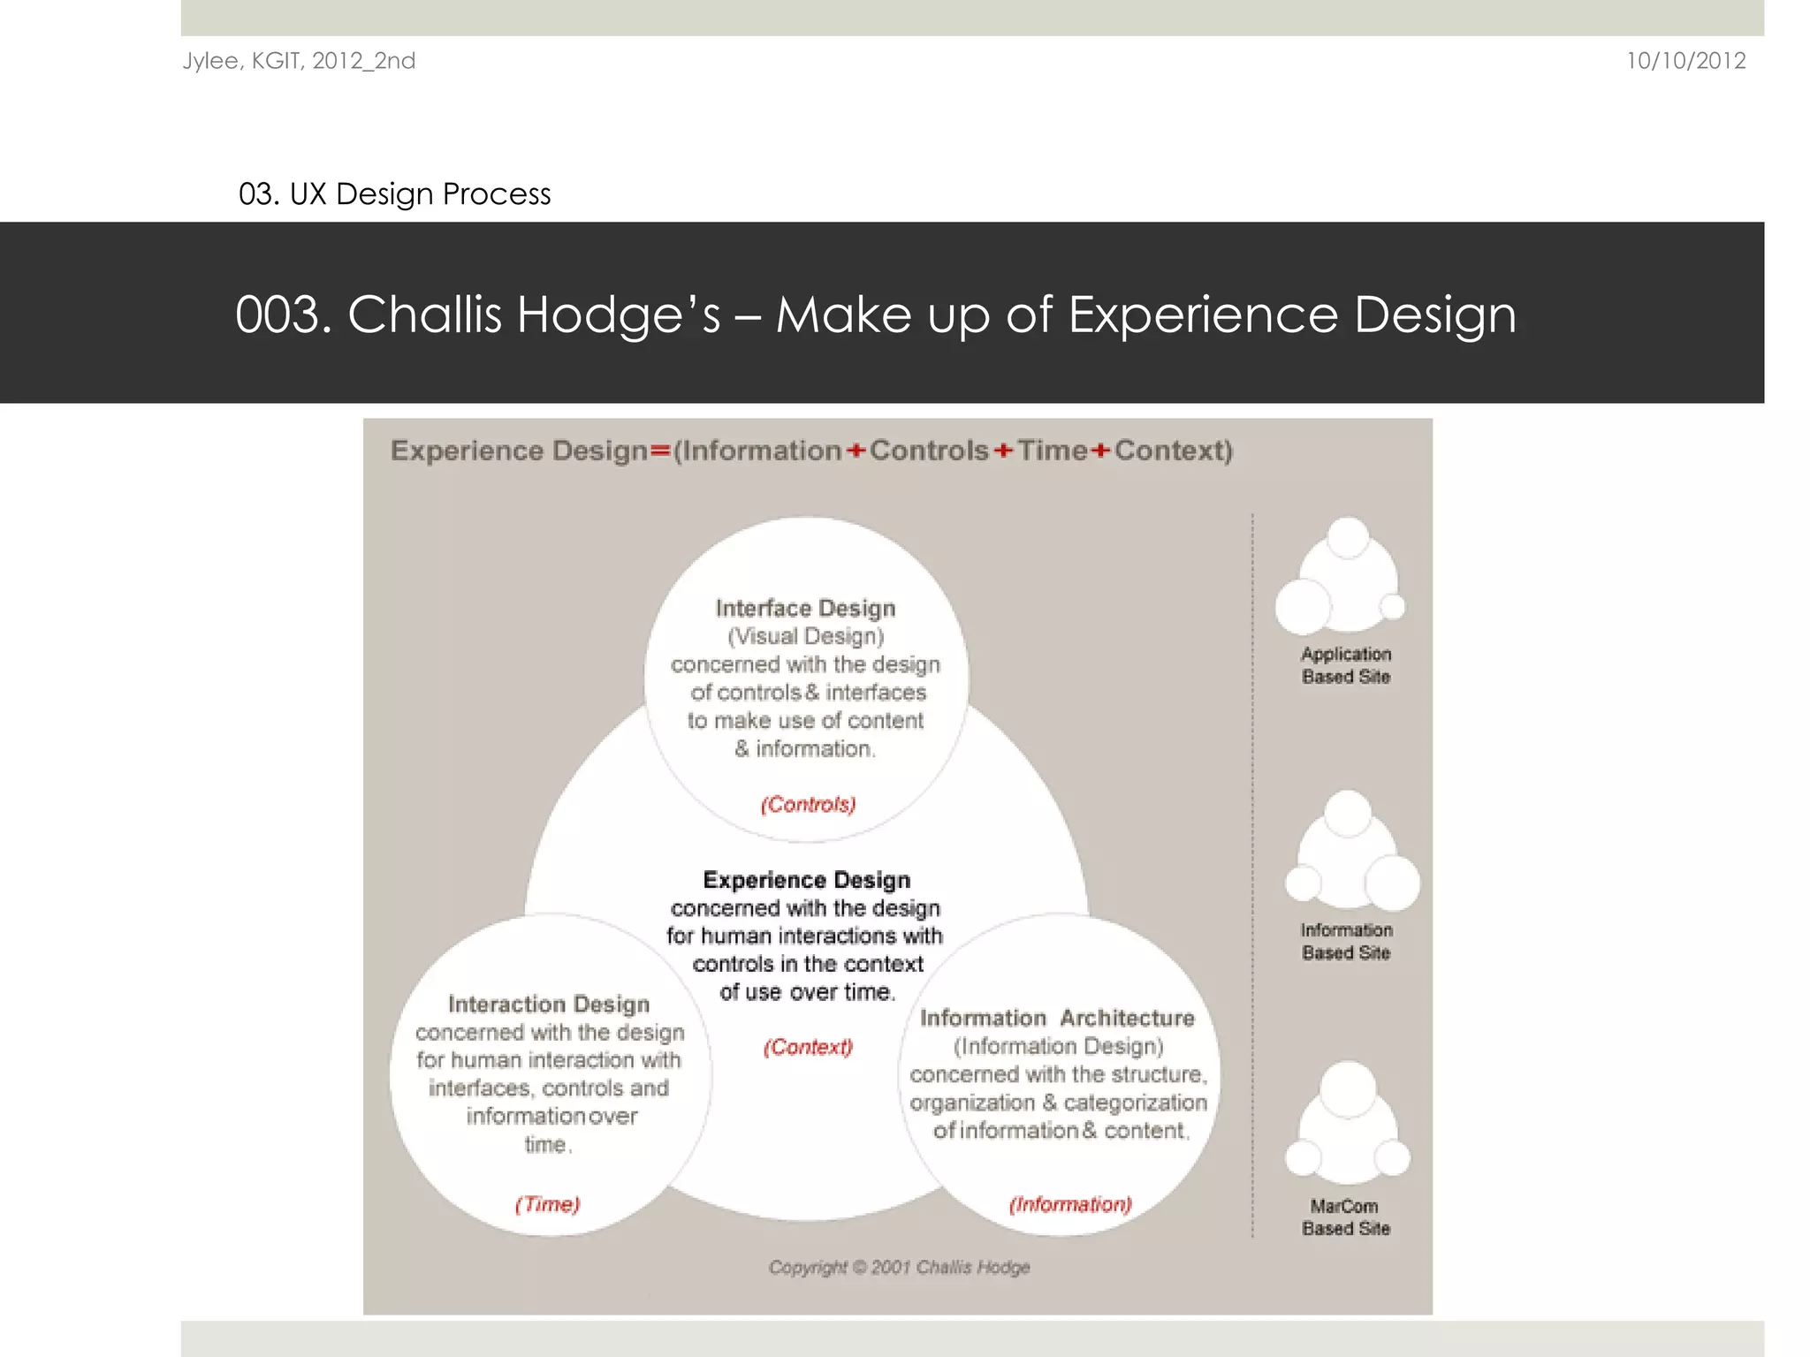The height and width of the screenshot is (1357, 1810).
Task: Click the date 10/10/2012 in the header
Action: (1685, 61)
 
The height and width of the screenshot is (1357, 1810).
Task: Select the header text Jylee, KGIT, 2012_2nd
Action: (299, 61)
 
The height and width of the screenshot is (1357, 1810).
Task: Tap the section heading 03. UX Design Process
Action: (394, 193)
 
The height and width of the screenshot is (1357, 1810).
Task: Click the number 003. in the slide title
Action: (283, 315)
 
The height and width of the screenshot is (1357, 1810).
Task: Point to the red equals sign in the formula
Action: (660, 451)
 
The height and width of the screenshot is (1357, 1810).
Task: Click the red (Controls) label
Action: (808, 805)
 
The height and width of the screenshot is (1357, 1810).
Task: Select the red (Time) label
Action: (547, 1204)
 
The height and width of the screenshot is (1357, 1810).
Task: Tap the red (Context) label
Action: (808, 1047)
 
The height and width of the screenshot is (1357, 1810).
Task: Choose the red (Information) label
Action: (1070, 1204)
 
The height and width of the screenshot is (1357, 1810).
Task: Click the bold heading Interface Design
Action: (805, 608)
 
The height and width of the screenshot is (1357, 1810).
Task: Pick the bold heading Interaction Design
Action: (549, 1004)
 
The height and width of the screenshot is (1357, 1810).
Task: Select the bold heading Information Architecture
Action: (1057, 1018)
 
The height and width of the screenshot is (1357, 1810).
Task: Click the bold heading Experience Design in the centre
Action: (806, 880)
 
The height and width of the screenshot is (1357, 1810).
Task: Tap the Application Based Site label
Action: (1346, 665)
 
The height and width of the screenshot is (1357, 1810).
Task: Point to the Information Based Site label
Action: (1346, 941)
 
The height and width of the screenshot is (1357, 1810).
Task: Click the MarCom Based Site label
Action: (1345, 1217)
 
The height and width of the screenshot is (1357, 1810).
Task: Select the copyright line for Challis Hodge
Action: (899, 1267)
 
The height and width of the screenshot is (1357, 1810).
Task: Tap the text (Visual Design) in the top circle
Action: (805, 636)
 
